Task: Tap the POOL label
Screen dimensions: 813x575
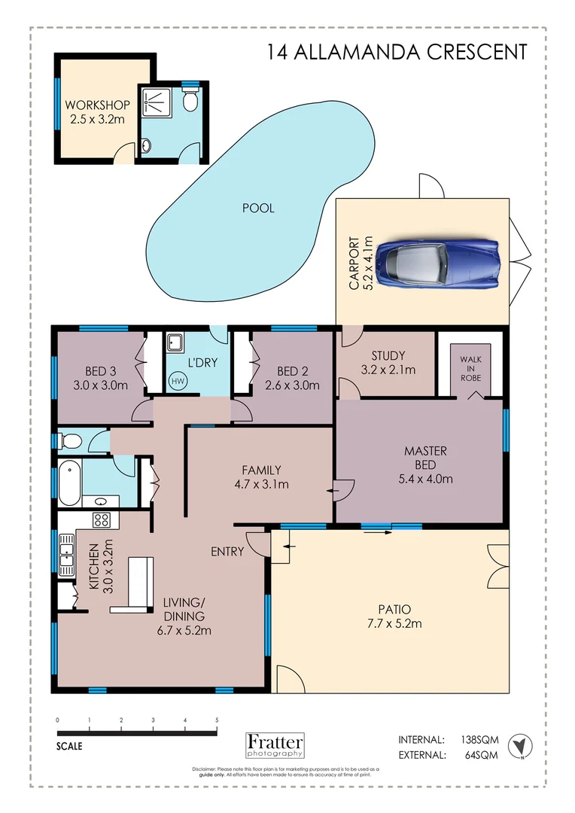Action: [258, 208]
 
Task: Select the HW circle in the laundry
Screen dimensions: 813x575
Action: [178, 382]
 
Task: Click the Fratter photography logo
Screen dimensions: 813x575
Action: [275, 744]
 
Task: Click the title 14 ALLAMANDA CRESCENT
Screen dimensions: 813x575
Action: [397, 52]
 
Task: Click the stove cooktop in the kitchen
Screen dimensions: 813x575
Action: [102, 519]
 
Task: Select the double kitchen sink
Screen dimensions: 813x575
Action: [66, 553]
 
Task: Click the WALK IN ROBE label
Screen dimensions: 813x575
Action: [470, 369]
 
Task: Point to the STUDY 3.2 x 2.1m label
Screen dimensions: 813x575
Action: [388, 362]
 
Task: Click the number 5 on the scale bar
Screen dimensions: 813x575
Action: [217, 720]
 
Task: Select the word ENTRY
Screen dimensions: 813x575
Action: [227, 552]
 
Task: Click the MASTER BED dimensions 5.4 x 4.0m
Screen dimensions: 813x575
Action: [426, 478]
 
